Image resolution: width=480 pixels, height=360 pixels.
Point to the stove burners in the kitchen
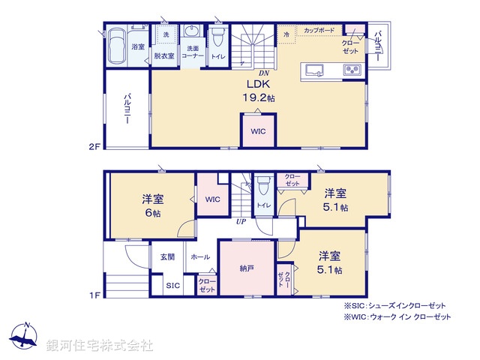(352, 71)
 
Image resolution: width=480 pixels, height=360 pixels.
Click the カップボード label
(319, 31)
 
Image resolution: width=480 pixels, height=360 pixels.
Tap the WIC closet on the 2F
(258, 131)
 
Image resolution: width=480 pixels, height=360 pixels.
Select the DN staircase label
(264, 73)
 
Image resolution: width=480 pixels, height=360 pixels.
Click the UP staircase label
(241, 223)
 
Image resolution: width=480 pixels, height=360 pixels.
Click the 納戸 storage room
(247, 268)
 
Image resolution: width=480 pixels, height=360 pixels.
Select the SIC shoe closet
(172, 286)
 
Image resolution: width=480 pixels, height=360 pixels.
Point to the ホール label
(200, 256)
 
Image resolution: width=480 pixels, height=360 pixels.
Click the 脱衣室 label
(164, 55)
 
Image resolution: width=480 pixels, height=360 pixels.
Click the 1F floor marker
(94, 295)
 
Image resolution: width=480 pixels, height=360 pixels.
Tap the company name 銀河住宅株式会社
(100, 346)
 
